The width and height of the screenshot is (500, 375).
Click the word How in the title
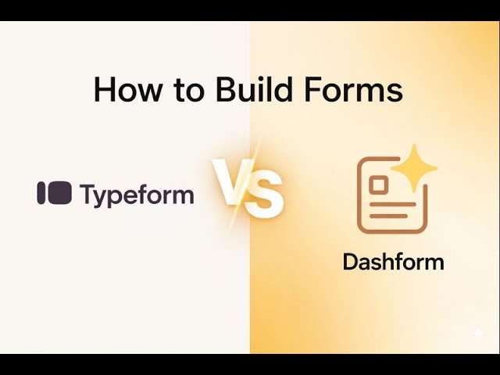(124, 90)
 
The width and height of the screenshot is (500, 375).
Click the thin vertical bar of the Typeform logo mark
(41, 193)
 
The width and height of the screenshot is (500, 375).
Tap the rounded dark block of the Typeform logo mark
(59, 193)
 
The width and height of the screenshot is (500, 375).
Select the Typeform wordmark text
(137, 195)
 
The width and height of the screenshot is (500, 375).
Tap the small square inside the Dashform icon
(380, 185)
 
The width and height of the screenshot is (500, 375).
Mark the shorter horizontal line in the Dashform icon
(388, 215)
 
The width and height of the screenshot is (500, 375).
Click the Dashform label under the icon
(393, 261)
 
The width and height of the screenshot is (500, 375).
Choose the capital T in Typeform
(88, 193)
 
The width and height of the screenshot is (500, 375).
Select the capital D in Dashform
(350, 261)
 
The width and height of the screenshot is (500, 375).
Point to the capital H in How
(105, 90)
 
